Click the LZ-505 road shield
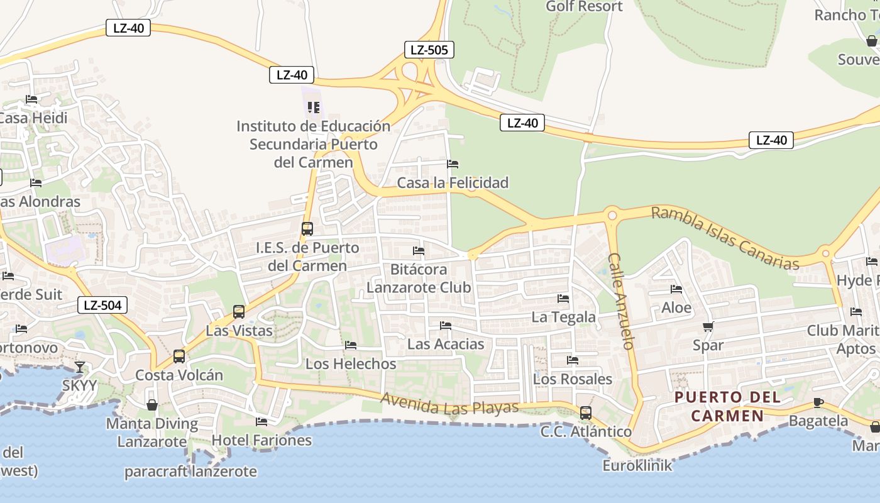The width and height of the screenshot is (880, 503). point(428,50)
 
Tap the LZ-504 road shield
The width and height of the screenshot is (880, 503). point(102,306)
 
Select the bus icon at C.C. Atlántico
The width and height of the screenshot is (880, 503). point(586,413)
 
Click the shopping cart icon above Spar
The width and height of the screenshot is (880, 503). point(708,326)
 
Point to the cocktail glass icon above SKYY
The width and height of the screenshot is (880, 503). point(80,367)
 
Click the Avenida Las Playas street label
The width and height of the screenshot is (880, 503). point(450,404)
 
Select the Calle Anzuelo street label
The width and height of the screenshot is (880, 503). point(622,301)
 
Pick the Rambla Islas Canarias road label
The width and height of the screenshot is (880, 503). point(725,238)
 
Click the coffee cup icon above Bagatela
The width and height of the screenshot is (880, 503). point(818,402)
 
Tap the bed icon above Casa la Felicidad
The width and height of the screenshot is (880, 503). point(453,164)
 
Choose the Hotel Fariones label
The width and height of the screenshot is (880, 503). point(261,440)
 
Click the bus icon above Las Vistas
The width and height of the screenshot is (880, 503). point(239,311)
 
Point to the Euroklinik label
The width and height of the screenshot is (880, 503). point(637,465)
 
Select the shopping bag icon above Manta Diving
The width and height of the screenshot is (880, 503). point(151,404)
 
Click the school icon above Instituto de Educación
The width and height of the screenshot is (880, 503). point(314,108)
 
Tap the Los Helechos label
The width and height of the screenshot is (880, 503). point(351,363)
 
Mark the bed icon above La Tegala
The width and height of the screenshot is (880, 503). point(563,298)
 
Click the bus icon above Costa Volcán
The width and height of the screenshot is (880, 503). point(179,357)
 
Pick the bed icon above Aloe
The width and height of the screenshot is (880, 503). point(676,289)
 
